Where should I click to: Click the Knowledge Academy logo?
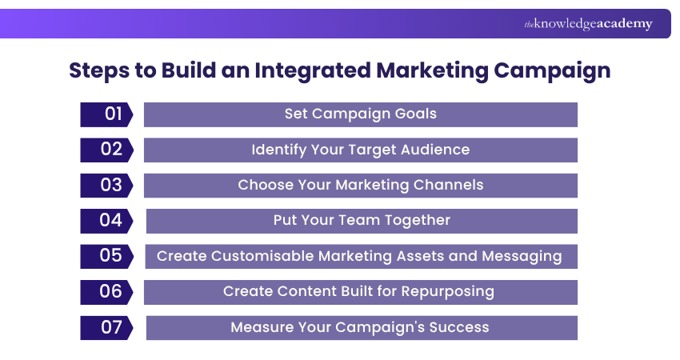pyautogui.click(x=588, y=24)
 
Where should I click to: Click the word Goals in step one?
pyautogui.click(x=417, y=114)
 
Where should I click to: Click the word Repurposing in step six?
pyautogui.click(x=452, y=291)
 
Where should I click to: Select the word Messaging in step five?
pyautogui.click(x=525, y=256)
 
